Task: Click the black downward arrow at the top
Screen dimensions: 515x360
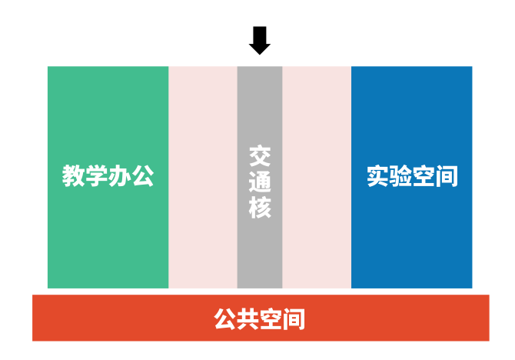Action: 260,40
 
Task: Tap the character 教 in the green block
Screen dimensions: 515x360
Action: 74,176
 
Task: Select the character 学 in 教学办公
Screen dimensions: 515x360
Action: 97,176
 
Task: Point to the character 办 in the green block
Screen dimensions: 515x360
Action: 120,176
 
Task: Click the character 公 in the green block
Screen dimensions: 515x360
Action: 143,176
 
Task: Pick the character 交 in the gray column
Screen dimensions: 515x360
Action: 260,155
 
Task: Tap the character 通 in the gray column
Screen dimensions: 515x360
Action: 260,181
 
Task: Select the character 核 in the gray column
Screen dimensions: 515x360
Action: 260,206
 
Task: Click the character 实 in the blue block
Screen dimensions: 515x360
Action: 377,177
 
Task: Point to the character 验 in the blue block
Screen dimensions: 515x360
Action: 400,177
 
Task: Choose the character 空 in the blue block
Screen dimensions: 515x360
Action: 424,177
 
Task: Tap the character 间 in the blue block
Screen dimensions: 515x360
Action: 447,177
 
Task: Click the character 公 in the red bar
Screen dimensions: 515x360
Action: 225,318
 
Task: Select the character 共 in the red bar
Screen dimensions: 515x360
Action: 248,318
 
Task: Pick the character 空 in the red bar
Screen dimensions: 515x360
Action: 271,318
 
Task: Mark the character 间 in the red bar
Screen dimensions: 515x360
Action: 294,318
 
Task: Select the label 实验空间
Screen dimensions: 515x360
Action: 412,177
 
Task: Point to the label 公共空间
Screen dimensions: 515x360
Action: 260,318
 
